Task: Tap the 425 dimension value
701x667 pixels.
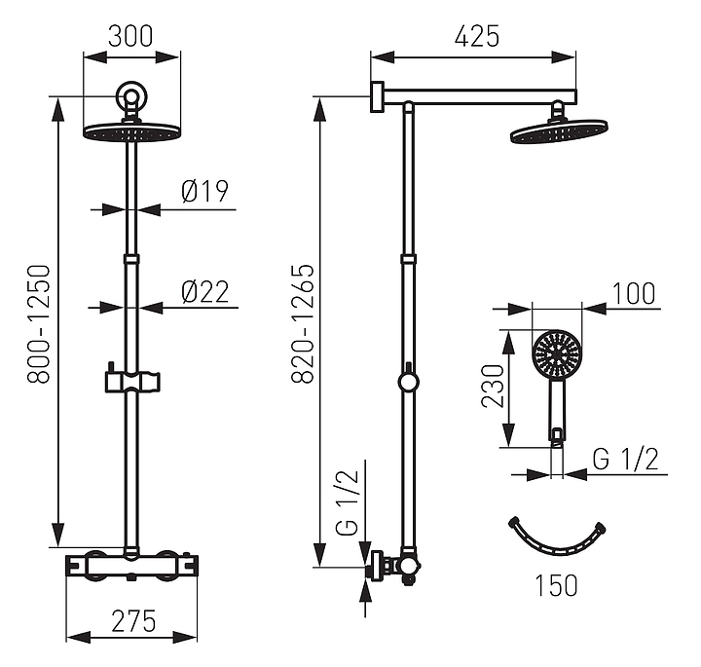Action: [476, 37]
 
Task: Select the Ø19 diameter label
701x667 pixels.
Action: [204, 192]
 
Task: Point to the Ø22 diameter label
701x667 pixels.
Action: [204, 290]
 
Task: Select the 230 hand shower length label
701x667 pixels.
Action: [495, 387]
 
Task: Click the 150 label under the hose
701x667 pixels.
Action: [556, 585]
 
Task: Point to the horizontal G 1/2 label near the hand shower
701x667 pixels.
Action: [627, 460]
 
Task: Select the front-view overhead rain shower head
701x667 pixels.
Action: [132, 131]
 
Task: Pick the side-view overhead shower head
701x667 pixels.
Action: [558, 131]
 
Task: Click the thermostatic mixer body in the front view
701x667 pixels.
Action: [132, 563]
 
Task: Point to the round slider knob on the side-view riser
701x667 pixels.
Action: [409, 380]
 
